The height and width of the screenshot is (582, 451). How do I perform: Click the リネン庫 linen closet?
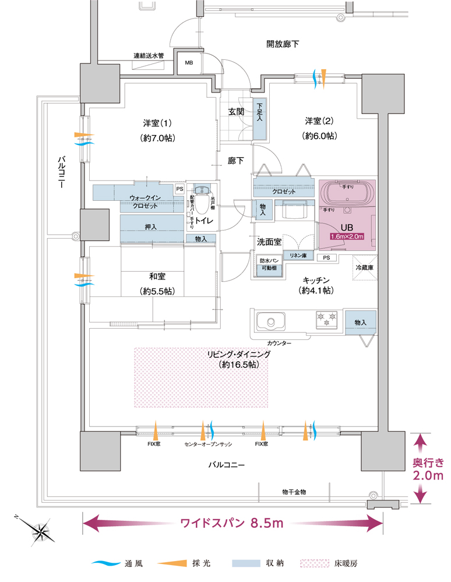[x=298, y=256]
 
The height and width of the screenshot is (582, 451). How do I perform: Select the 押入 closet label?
[x=150, y=226]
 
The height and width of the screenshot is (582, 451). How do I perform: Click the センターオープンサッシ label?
[x=209, y=443]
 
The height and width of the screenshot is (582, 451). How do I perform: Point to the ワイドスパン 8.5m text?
[x=232, y=523]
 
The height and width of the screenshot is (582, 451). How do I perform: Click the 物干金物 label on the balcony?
[x=293, y=492]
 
